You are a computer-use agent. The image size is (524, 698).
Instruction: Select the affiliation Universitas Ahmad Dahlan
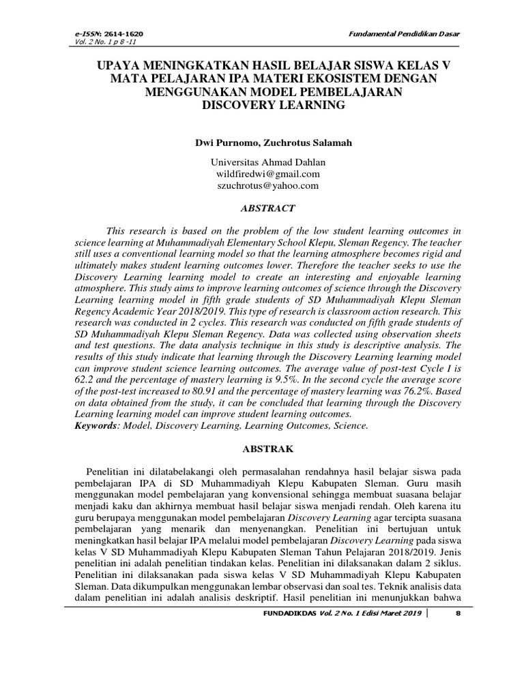pos(262,162)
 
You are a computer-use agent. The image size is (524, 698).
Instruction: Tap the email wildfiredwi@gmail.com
pos(262,174)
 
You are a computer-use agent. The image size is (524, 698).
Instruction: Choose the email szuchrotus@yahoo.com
pos(262,185)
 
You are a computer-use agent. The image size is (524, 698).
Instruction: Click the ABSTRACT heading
pos(263,208)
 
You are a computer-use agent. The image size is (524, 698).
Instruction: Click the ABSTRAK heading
pos(262,449)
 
